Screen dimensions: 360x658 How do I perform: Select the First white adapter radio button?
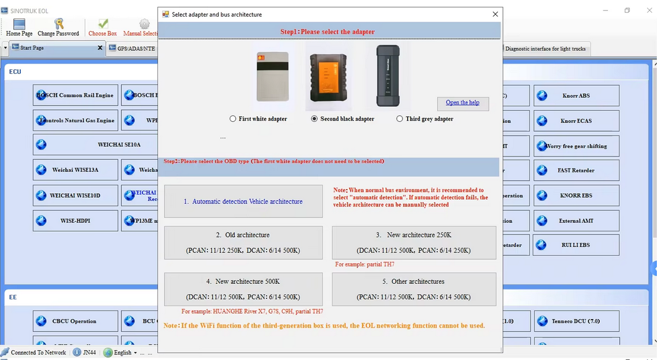pyautogui.click(x=233, y=119)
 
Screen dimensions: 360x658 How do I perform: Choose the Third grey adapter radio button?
pyautogui.click(x=400, y=119)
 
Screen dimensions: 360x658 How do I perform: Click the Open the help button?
pyautogui.click(x=463, y=103)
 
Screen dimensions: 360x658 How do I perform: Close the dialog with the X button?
pyautogui.click(x=495, y=14)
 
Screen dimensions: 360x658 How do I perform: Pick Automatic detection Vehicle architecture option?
pyautogui.click(x=243, y=201)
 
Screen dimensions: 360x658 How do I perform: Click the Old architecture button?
pyautogui.click(x=243, y=242)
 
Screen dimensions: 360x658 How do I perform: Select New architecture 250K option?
pyautogui.click(x=413, y=242)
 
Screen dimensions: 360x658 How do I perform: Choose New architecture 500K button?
pyautogui.click(x=243, y=289)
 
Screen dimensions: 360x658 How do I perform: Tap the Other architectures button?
pyautogui.click(x=413, y=289)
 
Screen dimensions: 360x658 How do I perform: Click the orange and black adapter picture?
pyautogui.click(x=328, y=76)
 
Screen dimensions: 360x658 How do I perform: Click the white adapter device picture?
pyautogui.click(x=273, y=76)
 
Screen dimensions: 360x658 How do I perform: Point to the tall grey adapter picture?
pyautogui.click(x=388, y=76)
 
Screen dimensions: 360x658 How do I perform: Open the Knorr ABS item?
pyautogui.click(x=576, y=96)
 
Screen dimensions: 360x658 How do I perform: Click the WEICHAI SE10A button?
pyautogui.click(x=76, y=145)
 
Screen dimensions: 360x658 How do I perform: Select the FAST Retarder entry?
pyautogui.click(x=576, y=170)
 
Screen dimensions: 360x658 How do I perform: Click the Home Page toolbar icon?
pyautogui.click(x=19, y=27)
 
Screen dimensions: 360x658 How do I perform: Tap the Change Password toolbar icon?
pyautogui.click(x=58, y=27)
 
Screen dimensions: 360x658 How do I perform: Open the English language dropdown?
pyautogui.click(x=122, y=352)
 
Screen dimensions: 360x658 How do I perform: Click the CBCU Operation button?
pyautogui.click(x=76, y=321)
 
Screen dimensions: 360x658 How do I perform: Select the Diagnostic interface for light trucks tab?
pyautogui.click(x=545, y=49)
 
